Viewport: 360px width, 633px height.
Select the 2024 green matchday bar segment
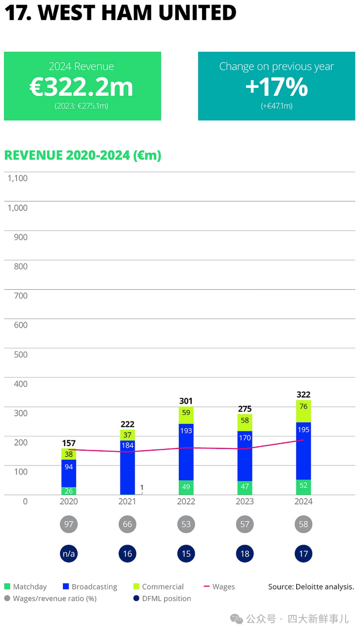(x=303, y=487)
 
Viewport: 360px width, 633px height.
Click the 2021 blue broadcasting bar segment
(x=128, y=467)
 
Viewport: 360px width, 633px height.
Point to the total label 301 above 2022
(x=186, y=401)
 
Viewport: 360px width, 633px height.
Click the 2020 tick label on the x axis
(x=69, y=501)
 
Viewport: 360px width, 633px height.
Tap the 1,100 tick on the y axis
(x=17, y=178)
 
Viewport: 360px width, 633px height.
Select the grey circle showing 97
(x=69, y=524)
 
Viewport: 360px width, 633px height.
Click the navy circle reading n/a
(x=69, y=554)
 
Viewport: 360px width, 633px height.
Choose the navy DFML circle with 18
(x=245, y=554)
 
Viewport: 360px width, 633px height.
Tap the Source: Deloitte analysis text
(x=311, y=587)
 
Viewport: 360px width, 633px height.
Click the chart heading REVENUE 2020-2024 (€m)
(x=83, y=155)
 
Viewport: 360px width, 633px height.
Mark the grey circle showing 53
(x=186, y=524)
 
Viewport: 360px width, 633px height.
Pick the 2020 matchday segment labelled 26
(x=69, y=491)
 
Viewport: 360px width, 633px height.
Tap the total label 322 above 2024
(x=303, y=395)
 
